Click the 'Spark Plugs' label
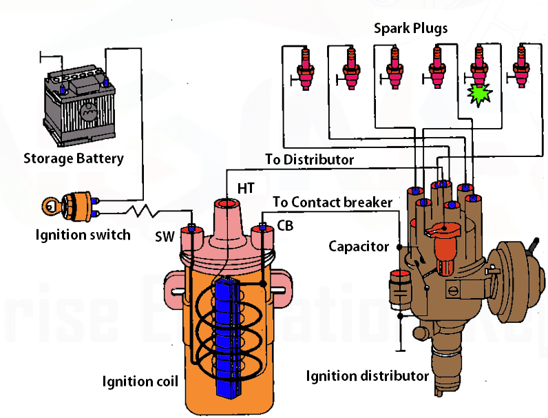(x=410, y=28)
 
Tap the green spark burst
(x=476, y=94)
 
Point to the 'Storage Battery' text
(x=74, y=158)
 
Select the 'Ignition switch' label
(x=83, y=235)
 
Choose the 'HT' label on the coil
(x=246, y=187)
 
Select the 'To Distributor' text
(x=310, y=160)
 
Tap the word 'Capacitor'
(x=359, y=246)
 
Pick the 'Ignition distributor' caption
(x=368, y=376)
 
